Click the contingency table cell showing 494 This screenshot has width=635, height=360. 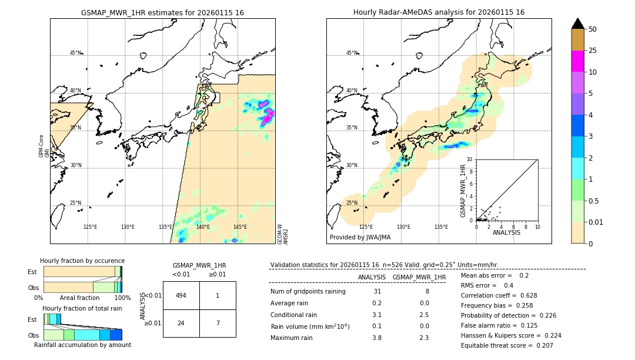tap(181, 295)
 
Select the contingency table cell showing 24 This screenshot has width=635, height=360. tap(181, 323)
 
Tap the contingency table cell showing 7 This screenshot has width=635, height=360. tap(218, 323)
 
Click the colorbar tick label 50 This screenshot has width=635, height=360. tap(593, 29)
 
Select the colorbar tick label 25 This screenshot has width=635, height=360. tap(593, 51)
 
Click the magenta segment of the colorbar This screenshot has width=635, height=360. tap(577, 61)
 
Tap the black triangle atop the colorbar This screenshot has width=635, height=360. tap(577, 24)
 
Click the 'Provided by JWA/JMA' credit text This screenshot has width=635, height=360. tap(360, 237)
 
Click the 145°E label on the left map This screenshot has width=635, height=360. tap(240, 227)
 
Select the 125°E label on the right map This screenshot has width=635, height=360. tap(366, 227)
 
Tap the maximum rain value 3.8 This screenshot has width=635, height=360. tap(377, 338)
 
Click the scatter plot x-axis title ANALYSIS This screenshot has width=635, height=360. tap(506, 233)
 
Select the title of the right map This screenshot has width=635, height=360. tap(439, 12)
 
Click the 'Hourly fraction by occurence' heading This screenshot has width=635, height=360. tap(82, 261)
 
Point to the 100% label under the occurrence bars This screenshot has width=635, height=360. tap(122, 298)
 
